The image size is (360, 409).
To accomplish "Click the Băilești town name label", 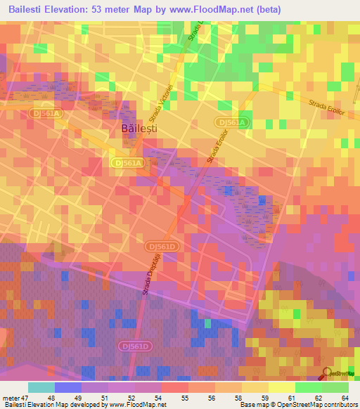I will (139, 129).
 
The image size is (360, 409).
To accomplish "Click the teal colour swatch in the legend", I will (41, 387).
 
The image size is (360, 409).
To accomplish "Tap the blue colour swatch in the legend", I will (68, 387).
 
